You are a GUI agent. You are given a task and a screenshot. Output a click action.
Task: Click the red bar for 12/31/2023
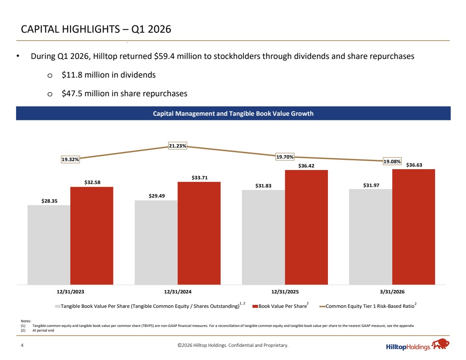92,236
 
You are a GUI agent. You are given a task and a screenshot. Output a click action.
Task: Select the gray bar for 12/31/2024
156,243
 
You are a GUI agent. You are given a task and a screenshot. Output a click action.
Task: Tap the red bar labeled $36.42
306,227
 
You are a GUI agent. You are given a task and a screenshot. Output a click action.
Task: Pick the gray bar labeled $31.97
371,237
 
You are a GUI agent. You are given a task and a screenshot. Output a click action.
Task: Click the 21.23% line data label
178,146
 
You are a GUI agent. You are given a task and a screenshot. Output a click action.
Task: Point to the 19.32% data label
70,159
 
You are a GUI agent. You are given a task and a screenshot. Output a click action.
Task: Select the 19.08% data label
392,162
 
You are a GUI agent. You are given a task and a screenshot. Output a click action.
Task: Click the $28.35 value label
49,201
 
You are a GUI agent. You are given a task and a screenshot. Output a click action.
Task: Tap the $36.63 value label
414,165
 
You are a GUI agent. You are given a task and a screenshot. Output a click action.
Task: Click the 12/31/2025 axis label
285,292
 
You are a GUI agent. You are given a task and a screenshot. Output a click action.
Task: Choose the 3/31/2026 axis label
392,292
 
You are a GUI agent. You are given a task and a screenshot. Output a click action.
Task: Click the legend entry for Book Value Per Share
280,306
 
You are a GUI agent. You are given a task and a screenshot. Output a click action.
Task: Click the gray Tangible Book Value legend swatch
58,306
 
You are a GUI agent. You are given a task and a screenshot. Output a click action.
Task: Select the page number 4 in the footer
22,345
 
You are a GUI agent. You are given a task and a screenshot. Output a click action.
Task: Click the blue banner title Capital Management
233,114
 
